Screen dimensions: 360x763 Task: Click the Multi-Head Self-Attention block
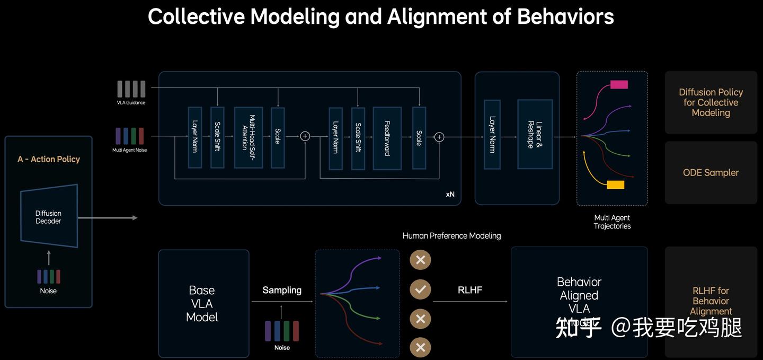[x=249, y=138]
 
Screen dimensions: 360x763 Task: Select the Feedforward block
[x=387, y=138]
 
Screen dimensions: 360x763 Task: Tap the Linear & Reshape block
[x=535, y=134]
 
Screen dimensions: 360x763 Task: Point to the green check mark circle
[x=420, y=289]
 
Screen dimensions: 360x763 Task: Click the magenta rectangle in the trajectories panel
[x=619, y=84]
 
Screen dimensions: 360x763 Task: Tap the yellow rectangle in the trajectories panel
[x=615, y=185]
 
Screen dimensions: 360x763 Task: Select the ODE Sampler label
[x=711, y=172]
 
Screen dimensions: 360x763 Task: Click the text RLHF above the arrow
[x=470, y=290]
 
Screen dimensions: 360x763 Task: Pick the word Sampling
[x=282, y=290]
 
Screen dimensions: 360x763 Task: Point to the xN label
[x=450, y=194]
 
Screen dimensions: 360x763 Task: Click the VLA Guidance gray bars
[x=131, y=89]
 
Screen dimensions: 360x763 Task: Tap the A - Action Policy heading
[x=49, y=159]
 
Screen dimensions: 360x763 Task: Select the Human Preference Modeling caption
[x=451, y=235]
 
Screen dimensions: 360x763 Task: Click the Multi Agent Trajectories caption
[x=612, y=222]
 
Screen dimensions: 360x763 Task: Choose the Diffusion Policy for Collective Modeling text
[x=711, y=102]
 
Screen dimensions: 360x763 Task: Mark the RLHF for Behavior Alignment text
[x=711, y=301]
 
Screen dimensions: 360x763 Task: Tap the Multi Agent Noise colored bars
[x=130, y=136]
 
